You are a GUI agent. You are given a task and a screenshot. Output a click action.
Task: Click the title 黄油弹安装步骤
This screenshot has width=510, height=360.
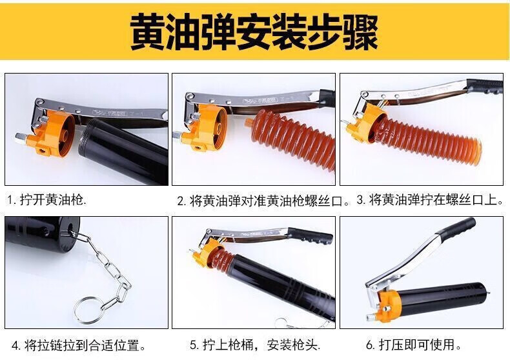(254, 32)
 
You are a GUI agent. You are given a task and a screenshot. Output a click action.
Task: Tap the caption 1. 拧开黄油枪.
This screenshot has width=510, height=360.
(46, 199)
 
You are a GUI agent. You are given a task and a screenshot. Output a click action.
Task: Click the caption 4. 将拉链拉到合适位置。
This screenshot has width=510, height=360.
(79, 345)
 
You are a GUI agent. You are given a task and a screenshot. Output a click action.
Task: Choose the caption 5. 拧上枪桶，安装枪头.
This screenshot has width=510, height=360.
(255, 345)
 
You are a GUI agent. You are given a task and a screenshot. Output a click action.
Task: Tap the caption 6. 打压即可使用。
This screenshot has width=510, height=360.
(413, 345)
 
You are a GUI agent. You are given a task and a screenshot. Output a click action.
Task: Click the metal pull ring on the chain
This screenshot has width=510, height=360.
(88, 310)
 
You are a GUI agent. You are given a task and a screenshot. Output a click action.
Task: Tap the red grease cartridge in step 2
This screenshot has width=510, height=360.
(292, 138)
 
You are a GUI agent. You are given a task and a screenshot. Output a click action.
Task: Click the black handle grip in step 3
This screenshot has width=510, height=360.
(485, 86)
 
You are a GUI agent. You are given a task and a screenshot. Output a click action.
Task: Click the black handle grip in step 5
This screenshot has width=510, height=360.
(310, 235)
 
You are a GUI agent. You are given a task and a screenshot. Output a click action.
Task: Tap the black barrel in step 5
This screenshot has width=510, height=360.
(283, 286)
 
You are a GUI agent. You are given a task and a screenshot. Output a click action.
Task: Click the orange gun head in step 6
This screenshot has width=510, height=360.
(387, 305)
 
